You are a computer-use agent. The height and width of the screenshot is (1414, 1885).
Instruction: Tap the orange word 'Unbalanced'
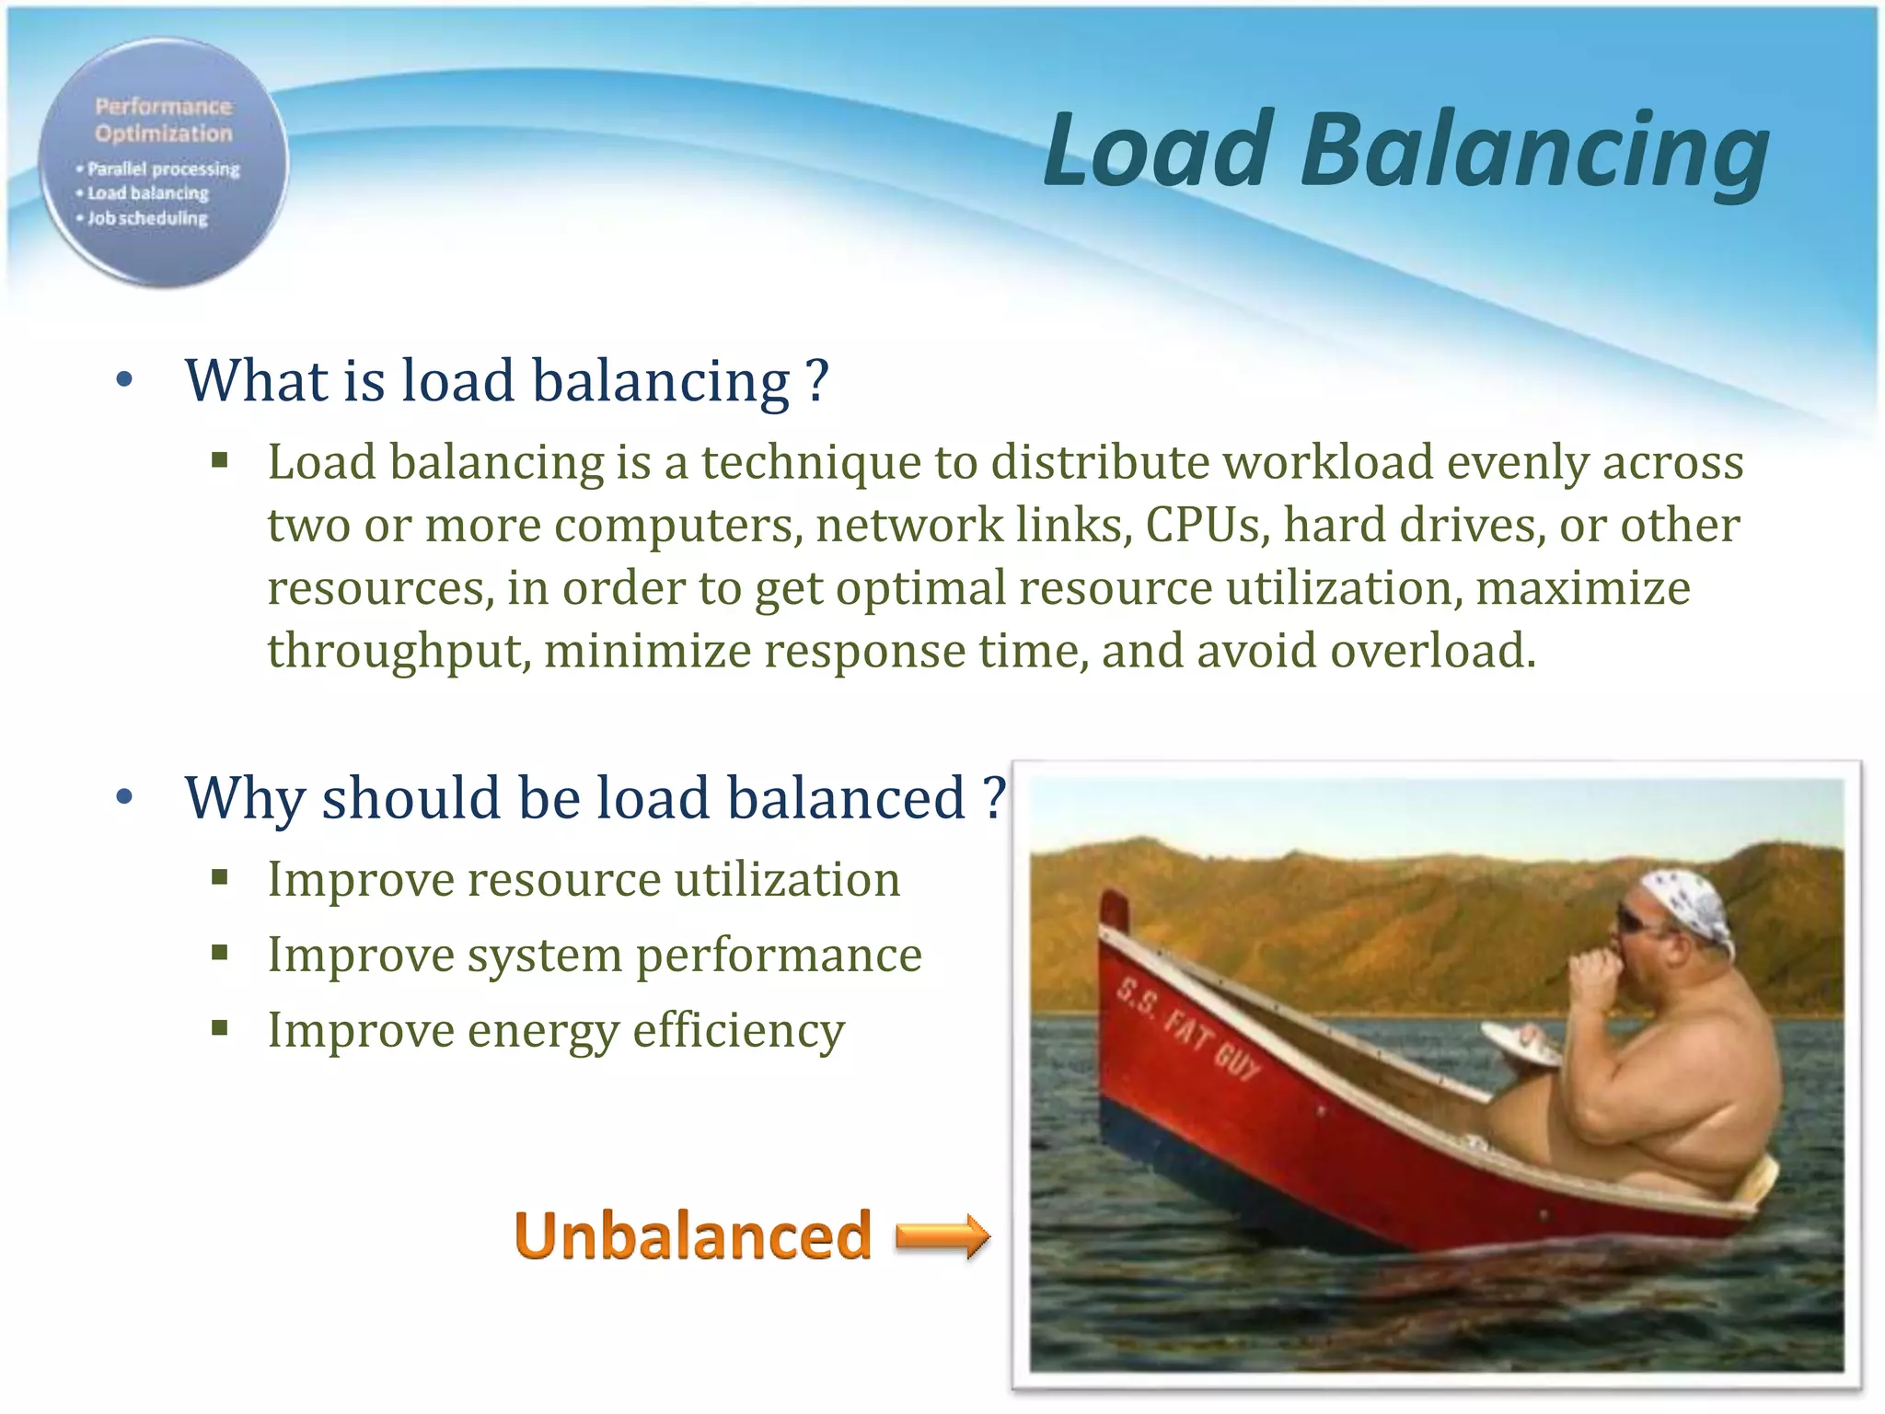pos(692,1236)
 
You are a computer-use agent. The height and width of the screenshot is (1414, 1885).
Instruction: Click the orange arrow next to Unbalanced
pos(942,1235)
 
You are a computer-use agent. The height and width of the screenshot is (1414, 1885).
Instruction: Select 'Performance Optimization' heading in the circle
pos(164,120)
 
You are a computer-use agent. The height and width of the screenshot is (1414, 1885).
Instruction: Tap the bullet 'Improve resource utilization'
pos(584,880)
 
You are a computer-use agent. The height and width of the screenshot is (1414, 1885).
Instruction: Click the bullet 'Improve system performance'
pos(595,956)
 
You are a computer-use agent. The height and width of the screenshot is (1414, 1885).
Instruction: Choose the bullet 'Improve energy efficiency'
pos(556,1031)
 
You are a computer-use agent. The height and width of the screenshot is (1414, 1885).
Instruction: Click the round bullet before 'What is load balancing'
pos(125,380)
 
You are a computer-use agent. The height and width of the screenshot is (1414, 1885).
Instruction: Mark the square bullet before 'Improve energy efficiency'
pos(219,1028)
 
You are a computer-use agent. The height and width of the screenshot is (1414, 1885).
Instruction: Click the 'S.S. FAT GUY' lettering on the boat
pos(1187,1029)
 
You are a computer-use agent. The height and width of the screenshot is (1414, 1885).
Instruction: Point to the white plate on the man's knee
pos(1520,1045)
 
